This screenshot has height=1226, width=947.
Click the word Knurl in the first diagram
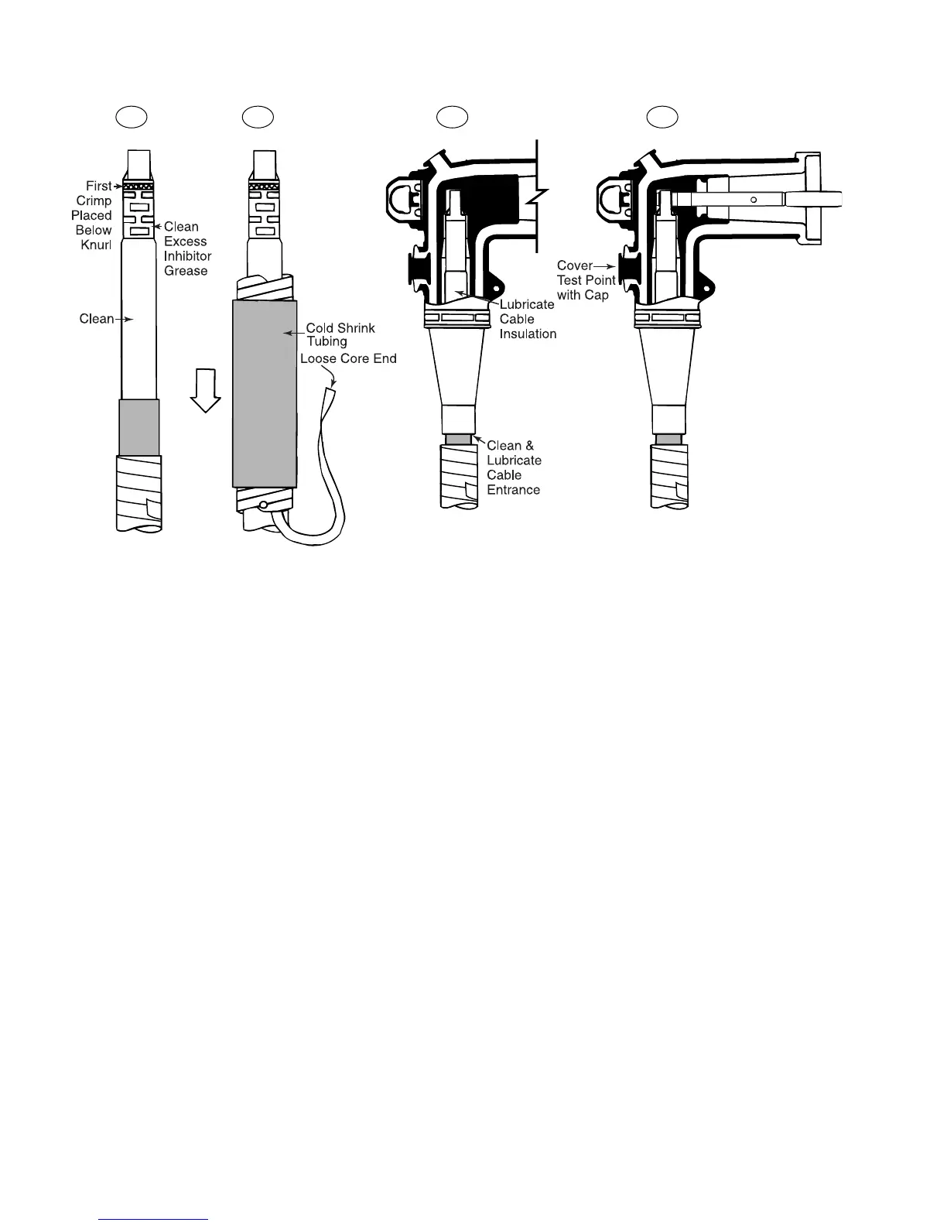[97, 245]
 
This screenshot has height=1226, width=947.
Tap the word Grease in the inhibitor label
[186, 271]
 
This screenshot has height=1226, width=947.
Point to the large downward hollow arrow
[206, 391]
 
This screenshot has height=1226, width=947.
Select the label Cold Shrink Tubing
[340, 334]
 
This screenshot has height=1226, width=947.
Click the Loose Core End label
[348, 358]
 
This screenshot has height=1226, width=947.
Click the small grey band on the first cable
[139, 427]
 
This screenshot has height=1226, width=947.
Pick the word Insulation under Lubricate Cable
[528, 334]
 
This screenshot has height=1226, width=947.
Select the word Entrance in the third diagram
[514, 490]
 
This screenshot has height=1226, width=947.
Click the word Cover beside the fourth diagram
[575, 265]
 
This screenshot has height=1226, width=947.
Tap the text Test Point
[586, 280]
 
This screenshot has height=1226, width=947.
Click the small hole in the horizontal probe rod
[753, 200]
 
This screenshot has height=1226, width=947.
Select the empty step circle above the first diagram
[132, 117]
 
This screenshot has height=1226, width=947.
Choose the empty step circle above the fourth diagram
[663, 117]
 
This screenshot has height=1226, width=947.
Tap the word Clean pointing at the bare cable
[97, 319]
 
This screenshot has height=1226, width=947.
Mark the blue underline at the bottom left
[155, 1219]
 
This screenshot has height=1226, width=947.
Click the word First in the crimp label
[99, 187]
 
